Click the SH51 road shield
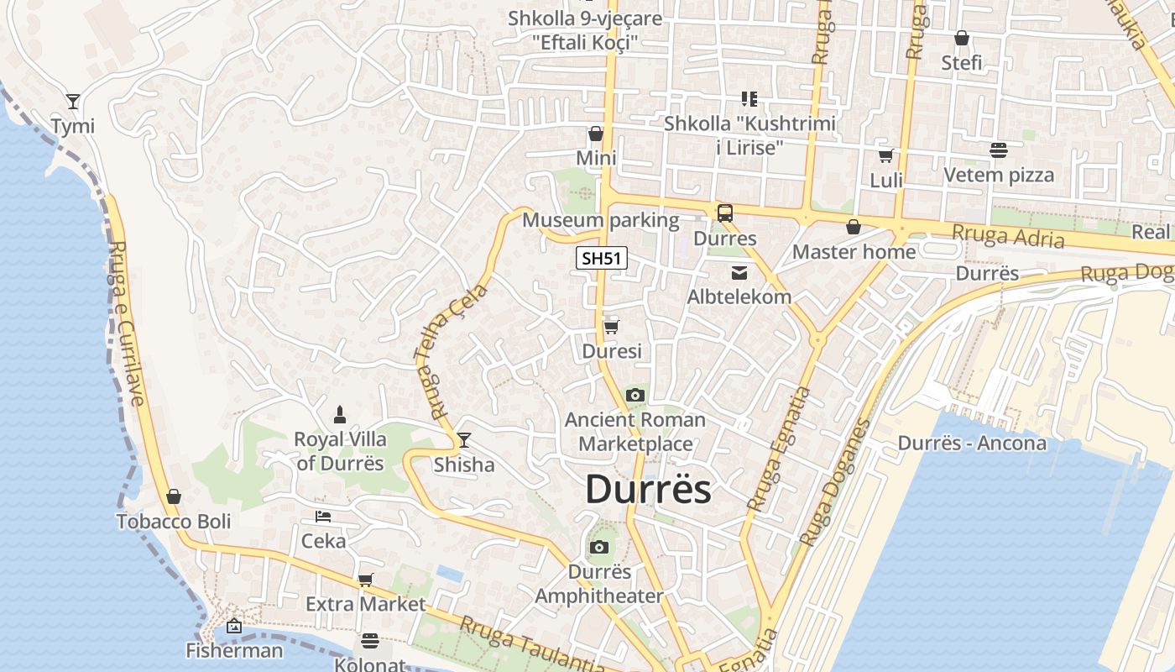click(x=602, y=258)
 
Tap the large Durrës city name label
click(x=648, y=490)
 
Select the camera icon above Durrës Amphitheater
click(x=598, y=548)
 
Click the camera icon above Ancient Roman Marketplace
click(x=635, y=395)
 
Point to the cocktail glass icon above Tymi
click(x=73, y=102)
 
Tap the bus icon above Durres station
click(x=724, y=213)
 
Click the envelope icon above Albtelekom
click(x=739, y=272)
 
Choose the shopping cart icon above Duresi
click(x=612, y=327)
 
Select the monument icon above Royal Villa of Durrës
click(x=340, y=413)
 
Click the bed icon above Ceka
click(x=323, y=516)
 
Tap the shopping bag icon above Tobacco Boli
click(x=173, y=496)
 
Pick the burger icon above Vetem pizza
click(x=998, y=150)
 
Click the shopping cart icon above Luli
click(x=885, y=155)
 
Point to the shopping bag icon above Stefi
click(x=962, y=38)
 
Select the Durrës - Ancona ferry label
click(x=972, y=443)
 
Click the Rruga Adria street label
click(x=1008, y=236)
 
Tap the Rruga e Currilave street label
click(x=128, y=323)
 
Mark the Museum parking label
click(x=600, y=220)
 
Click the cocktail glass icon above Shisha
click(x=463, y=439)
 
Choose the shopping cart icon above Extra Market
click(x=365, y=580)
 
